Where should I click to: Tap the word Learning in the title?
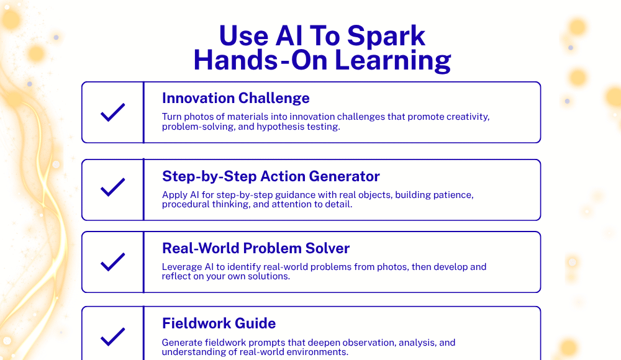pos(392,61)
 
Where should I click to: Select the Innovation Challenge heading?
pos(235,98)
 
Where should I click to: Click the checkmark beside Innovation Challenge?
pos(113,112)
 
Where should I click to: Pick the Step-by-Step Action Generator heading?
pos(271,176)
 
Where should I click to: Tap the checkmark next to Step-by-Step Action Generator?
pos(113,187)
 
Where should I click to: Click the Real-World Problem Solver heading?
pos(256,248)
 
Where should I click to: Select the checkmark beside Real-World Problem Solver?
pos(113,262)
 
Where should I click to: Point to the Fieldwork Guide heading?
pos(219,323)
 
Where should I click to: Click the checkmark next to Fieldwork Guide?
pos(113,337)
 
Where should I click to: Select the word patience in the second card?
pos(455,196)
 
